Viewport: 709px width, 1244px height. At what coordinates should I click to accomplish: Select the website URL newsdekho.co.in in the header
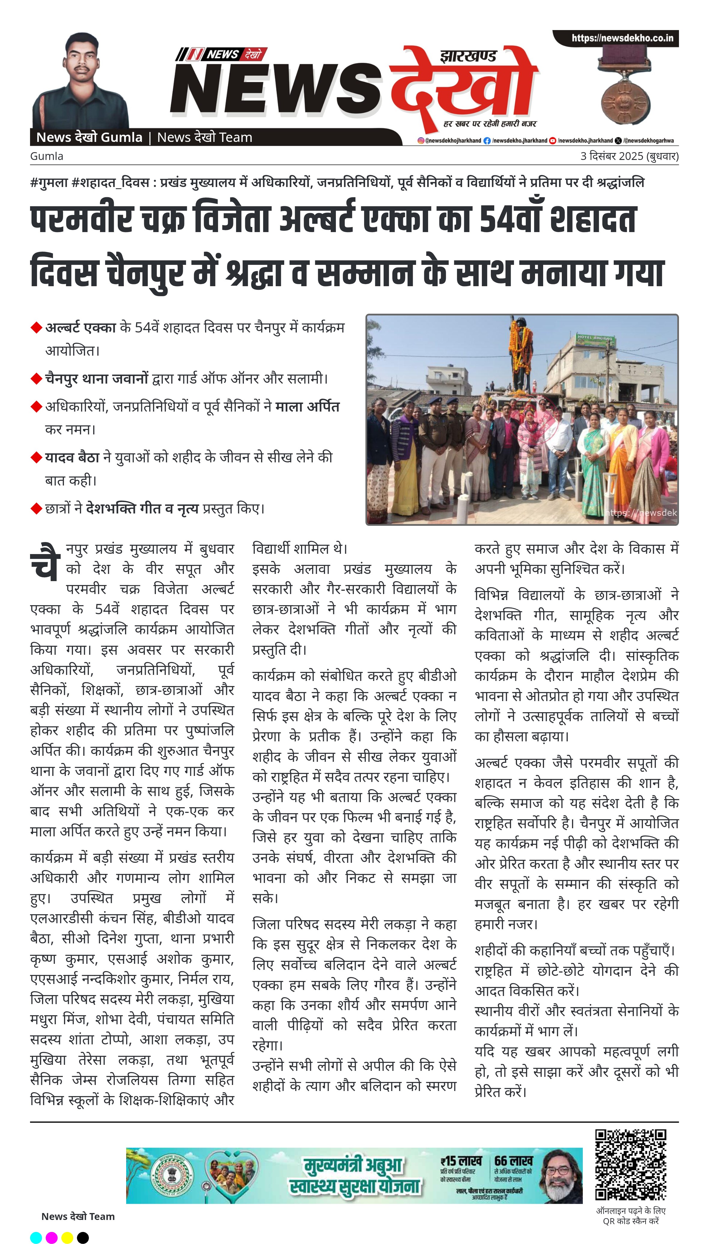click(622, 38)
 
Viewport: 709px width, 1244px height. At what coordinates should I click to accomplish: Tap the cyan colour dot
click(36, 1237)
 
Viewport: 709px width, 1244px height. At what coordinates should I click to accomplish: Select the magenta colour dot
click(52, 1237)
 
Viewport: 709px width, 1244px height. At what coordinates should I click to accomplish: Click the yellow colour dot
click(67, 1237)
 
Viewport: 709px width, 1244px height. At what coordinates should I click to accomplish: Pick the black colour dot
click(83, 1237)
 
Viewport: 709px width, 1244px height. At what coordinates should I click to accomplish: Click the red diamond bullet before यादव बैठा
click(36, 458)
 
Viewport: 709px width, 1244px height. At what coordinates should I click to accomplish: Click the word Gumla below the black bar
click(47, 156)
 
